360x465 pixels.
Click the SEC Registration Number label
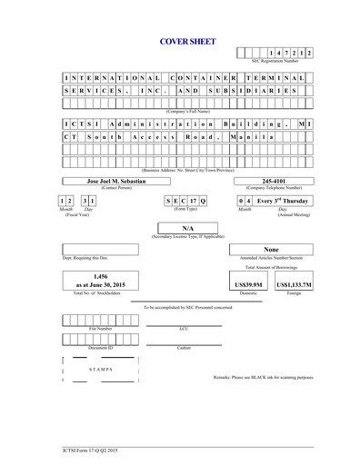[275, 61]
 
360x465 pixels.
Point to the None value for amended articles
[270, 248]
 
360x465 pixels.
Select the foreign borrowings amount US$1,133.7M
[294, 284]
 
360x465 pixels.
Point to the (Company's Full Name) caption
[189, 110]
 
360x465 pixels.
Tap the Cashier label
[185, 347]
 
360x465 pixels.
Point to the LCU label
[185, 328]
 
